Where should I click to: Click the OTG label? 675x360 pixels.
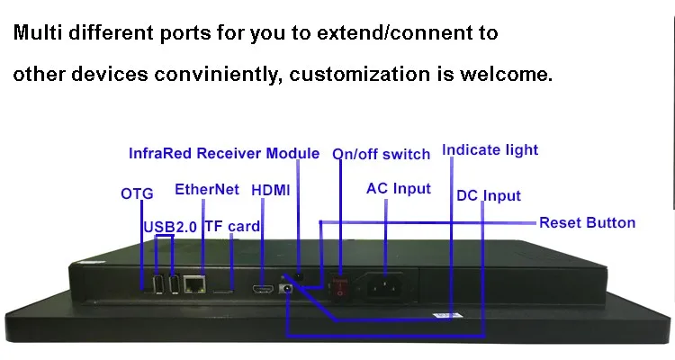[x=137, y=193]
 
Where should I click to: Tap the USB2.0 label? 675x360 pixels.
[x=169, y=227]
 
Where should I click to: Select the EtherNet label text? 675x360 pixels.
[x=207, y=190]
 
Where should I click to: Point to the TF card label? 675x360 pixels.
[x=232, y=227]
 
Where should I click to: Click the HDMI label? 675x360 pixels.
[x=270, y=190]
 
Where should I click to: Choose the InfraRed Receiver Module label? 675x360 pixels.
[x=224, y=153]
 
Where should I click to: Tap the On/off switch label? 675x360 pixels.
[x=381, y=154]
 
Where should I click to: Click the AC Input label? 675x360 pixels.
[x=398, y=189]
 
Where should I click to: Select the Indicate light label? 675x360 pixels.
[x=490, y=150]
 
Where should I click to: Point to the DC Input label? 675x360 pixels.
[x=489, y=195]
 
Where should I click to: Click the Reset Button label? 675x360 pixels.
[x=587, y=222]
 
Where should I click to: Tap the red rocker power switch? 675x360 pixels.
[x=340, y=288]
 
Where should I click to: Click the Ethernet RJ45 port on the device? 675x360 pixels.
[x=194, y=284]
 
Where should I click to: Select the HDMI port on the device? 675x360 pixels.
[x=263, y=289]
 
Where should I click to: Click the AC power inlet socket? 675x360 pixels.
[x=384, y=286]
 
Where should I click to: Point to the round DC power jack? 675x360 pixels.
[x=286, y=288]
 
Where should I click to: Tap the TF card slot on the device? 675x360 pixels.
[x=223, y=292]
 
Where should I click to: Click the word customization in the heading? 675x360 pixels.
[x=359, y=74]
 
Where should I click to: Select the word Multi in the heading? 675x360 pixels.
[x=38, y=32]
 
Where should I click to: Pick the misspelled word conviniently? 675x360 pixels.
[x=218, y=74]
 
